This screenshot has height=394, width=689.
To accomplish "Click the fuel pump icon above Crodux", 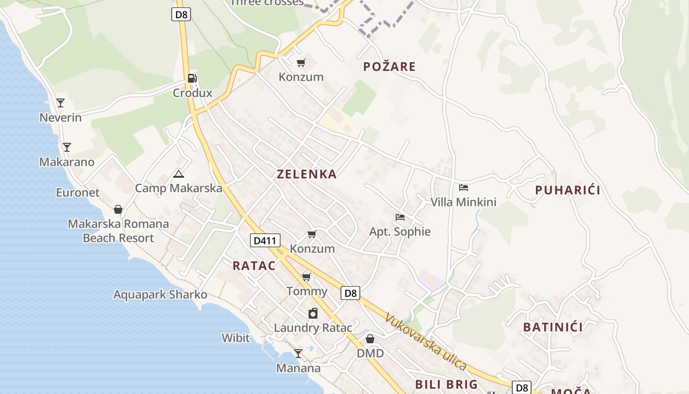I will [192, 78].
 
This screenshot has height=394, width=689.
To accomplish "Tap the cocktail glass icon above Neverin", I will [61, 103].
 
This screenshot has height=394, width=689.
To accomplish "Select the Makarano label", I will [66, 162].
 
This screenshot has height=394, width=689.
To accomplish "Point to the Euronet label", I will [77, 193].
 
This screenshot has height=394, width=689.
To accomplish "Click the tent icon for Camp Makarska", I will [179, 174].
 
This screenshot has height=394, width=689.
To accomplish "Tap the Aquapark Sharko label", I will [160, 295].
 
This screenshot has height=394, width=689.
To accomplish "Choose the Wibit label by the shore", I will [236, 338].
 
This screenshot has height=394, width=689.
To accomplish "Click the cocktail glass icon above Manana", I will [298, 353].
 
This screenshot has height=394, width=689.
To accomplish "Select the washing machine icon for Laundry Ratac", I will [313, 313].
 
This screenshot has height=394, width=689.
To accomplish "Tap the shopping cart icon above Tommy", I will [307, 277].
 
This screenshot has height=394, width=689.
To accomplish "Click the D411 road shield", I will [265, 240].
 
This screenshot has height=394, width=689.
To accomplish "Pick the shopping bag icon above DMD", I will [370, 339].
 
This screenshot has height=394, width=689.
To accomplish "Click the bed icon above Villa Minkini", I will [463, 188].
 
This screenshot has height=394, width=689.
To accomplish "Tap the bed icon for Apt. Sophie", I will [400, 217].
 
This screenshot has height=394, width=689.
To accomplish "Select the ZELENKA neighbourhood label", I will [307, 174].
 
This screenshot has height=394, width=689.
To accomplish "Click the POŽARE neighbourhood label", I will [389, 66].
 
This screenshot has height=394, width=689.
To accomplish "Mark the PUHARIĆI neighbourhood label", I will [567, 190].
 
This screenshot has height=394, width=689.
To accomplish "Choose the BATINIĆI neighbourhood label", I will [553, 327].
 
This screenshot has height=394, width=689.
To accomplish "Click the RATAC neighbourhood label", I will [254, 265].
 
